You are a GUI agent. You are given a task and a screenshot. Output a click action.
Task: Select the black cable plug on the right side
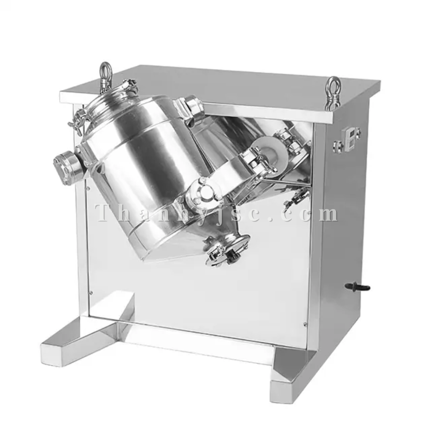click(x=357, y=287)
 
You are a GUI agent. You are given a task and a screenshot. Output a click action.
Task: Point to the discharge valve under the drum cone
click(x=227, y=249)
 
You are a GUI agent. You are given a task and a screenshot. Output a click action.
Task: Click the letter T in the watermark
click(x=105, y=213)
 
